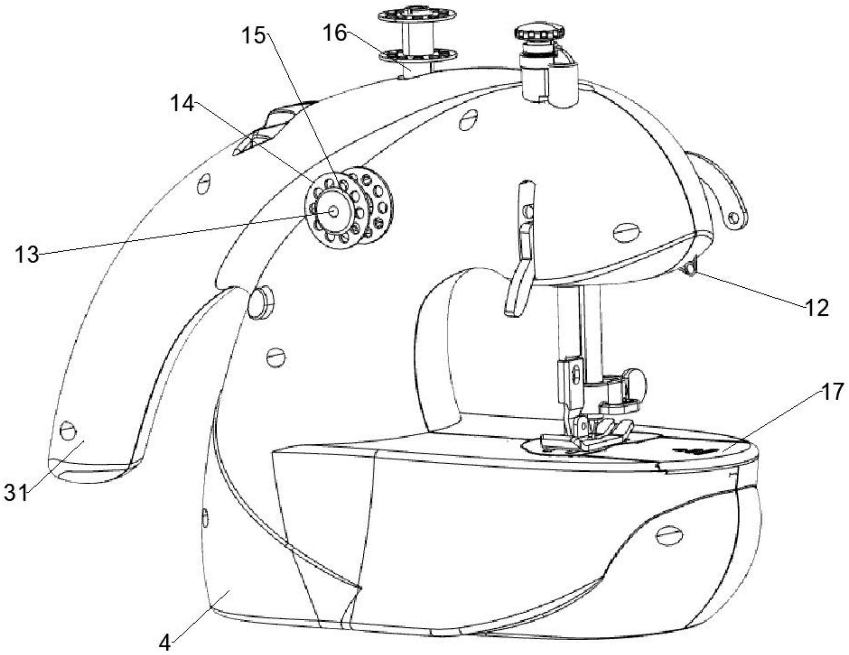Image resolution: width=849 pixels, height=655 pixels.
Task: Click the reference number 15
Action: pos(253,36)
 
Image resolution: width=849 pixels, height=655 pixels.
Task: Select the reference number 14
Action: pos(182,103)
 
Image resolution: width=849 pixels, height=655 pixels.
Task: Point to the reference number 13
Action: pos(27,255)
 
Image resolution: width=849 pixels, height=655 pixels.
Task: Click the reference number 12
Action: pos(816,308)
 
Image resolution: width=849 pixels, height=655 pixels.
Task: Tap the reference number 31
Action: pos(16,493)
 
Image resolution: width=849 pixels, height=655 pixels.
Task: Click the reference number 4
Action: pos(165,644)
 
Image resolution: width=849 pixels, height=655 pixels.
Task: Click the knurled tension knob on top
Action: pos(539,32)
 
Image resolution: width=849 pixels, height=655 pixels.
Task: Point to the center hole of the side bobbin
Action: pos(333,212)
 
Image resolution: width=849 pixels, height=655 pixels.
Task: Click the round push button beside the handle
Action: pos(260,302)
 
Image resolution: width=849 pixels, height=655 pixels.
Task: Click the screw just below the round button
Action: pos(276,357)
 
